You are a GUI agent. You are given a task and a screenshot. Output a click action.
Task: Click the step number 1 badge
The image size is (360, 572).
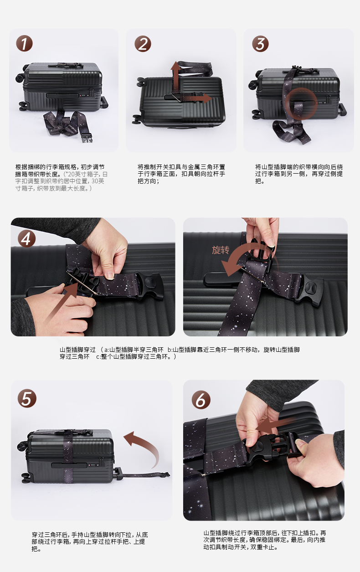[x=24, y=43]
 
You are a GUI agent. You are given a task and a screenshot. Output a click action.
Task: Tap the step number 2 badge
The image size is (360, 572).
[x=143, y=44]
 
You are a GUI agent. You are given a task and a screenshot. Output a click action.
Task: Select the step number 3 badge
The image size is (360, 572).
[x=260, y=43]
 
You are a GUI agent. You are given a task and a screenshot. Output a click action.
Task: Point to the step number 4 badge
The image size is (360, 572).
[x=26, y=239]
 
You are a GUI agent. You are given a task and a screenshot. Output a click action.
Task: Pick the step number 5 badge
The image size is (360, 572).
[x=27, y=398]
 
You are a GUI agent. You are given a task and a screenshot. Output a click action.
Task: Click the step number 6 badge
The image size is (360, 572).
[x=201, y=400]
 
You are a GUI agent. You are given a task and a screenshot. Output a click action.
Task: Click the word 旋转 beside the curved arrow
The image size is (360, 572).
[x=221, y=250]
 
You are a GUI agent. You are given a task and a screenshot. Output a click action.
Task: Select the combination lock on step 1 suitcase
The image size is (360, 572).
[x=83, y=95]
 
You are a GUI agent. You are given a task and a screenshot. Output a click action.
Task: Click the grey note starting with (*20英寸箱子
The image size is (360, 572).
[x=61, y=181]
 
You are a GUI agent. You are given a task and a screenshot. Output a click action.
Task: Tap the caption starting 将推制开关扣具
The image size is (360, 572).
[x=181, y=174]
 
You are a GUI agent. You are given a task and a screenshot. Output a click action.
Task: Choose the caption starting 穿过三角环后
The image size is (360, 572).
[x=90, y=541]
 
